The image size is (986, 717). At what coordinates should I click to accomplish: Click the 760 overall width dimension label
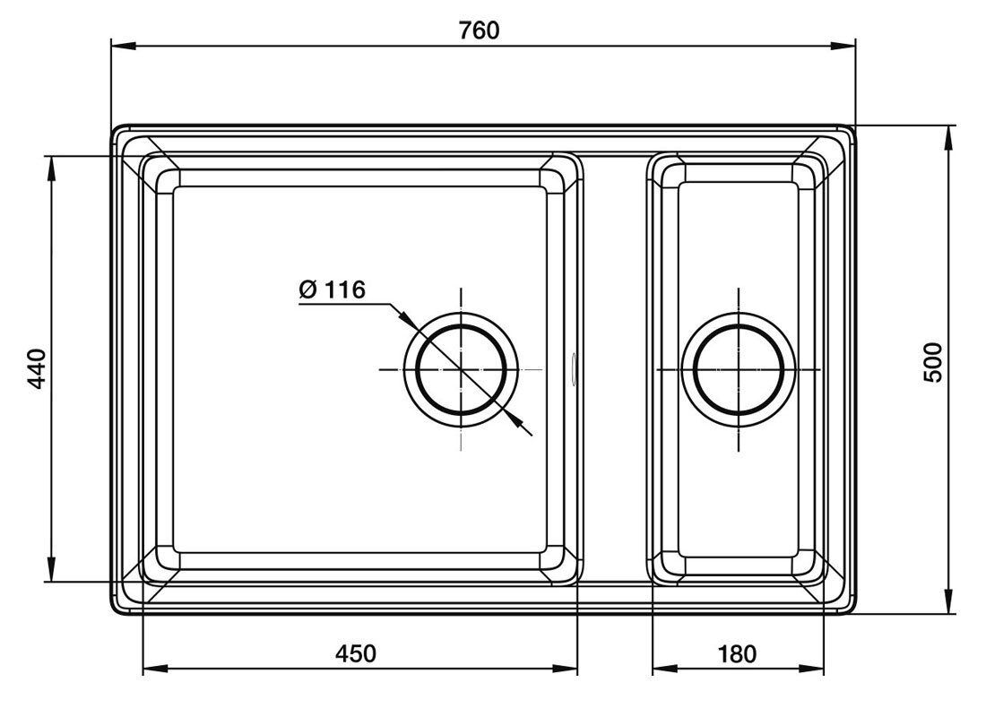479,30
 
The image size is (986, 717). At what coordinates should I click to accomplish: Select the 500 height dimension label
934,362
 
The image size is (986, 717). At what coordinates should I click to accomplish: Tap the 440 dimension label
39,368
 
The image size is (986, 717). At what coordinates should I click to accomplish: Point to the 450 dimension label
356,653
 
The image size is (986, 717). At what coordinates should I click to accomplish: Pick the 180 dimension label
737,654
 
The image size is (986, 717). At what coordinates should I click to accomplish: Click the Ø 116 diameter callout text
332,289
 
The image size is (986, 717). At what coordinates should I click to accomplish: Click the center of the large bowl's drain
462,369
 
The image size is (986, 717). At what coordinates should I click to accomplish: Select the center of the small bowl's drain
739,369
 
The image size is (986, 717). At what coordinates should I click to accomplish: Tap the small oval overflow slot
574,368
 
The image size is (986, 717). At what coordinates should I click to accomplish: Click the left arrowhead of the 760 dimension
124,46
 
